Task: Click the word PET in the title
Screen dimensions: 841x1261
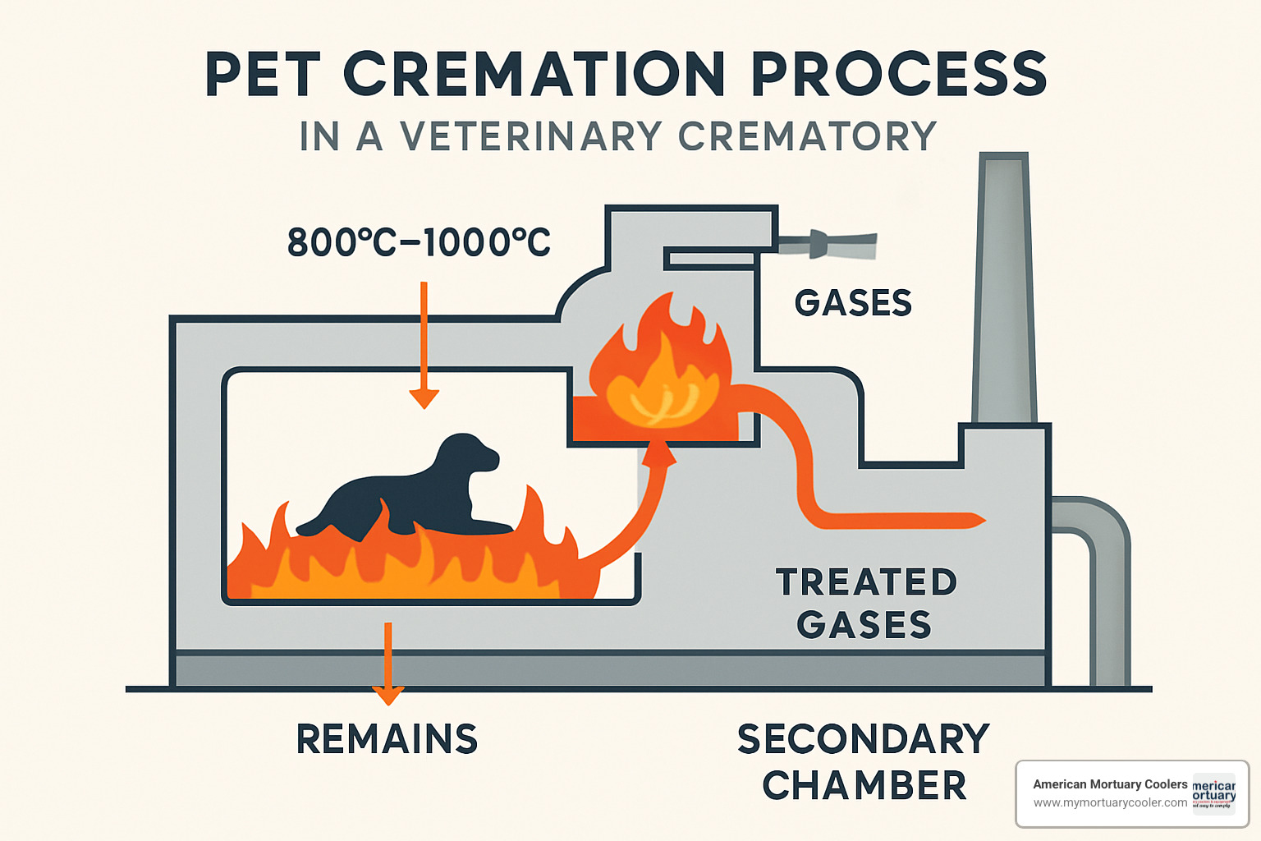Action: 262,76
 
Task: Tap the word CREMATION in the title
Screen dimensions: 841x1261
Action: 534,76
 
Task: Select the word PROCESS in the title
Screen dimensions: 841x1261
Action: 899,76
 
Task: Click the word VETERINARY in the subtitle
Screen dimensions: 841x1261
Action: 530,136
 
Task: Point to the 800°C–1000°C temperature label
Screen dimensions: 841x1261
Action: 419,242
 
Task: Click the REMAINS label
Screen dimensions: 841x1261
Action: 387,739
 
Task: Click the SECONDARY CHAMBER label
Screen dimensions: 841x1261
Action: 864,762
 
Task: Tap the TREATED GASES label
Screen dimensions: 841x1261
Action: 866,603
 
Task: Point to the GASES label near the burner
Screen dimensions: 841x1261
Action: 853,303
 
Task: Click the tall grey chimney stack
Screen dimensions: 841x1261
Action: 1004,287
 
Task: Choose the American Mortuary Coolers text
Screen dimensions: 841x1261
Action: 1109,784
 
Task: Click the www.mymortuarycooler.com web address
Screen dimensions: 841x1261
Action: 1109,802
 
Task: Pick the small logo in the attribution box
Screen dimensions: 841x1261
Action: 1213,793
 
